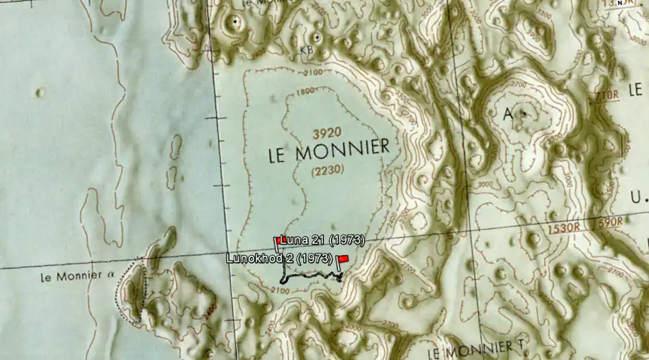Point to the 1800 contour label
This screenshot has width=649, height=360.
coord(307,91)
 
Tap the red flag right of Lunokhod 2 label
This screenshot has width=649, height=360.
coord(344,259)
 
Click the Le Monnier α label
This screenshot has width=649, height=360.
coord(76,278)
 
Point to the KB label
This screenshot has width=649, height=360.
coord(307,49)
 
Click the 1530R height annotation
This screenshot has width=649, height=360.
coord(564,227)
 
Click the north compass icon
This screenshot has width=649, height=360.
coord(620,3)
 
